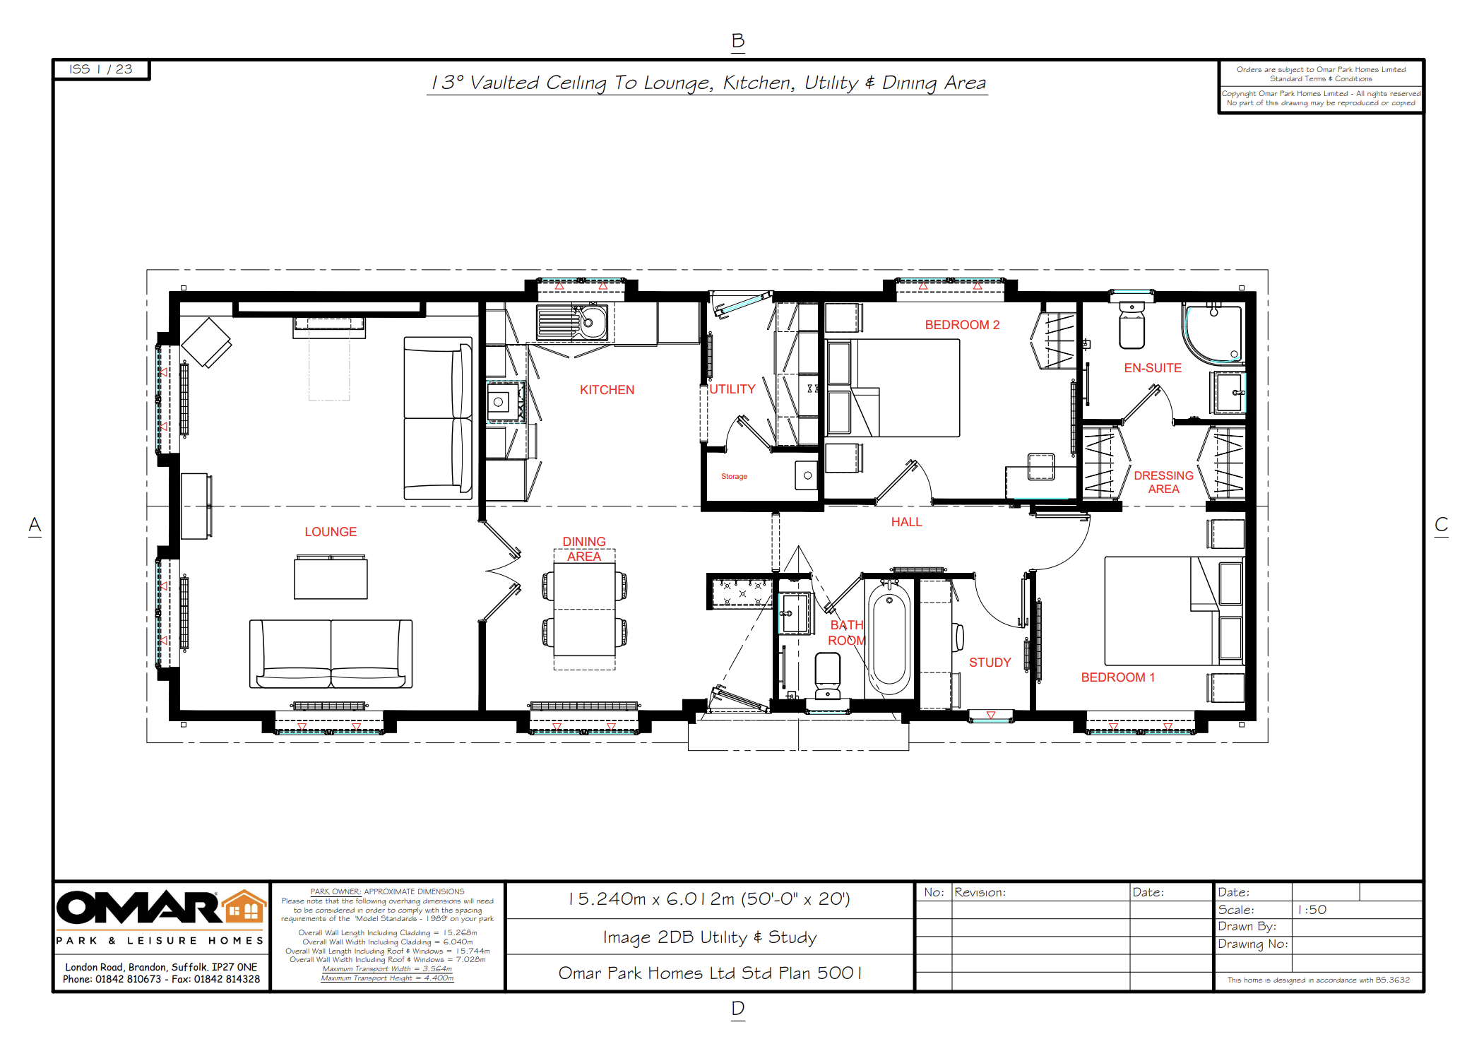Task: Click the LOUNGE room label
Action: tap(331, 532)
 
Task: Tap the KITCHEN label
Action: tap(607, 390)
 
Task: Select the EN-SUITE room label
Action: tap(1153, 368)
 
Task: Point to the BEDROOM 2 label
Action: tap(962, 325)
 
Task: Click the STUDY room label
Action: tap(990, 663)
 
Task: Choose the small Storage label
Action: tap(734, 477)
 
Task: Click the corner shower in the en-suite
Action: tap(1213, 334)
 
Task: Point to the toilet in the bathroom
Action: tap(828, 675)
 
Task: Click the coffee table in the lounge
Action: tap(331, 577)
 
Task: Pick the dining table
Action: tap(584, 610)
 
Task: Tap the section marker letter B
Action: tap(738, 41)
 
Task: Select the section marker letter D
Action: tap(738, 1009)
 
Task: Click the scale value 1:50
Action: tap(1312, 910)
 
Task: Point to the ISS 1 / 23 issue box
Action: tap(101, 69)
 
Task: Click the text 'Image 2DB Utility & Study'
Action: tap(710, 937)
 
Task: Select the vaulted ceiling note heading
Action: tap(708, 83)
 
